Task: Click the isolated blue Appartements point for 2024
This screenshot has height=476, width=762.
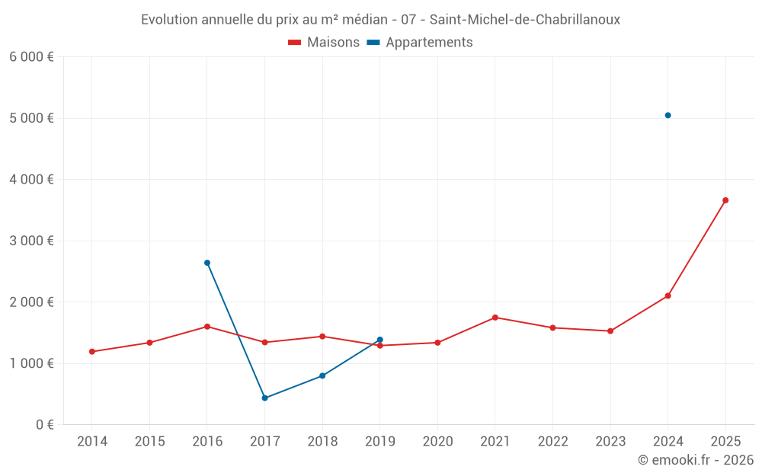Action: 668,115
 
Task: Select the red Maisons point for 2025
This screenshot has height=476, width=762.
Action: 725,200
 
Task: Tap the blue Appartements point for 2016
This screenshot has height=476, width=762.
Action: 207,263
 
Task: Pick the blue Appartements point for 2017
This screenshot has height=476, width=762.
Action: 264,398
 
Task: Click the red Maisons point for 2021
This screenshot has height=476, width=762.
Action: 495,318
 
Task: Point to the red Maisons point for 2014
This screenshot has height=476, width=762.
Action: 92,352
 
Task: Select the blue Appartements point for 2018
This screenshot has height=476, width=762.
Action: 322,375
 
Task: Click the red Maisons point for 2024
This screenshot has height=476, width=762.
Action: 668,296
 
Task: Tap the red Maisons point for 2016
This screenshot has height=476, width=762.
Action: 207,327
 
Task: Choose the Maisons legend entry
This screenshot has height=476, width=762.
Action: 324,43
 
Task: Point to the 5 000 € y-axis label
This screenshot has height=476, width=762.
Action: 31,118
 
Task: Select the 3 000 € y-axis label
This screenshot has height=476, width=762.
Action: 31,241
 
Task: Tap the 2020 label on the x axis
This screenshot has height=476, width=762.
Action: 437,442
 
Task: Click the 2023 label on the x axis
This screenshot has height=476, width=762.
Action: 610,442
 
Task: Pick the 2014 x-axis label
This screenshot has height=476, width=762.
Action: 92,442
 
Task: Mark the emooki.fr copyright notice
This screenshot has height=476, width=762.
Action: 695,460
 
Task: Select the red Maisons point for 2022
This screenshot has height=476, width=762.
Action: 552,327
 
